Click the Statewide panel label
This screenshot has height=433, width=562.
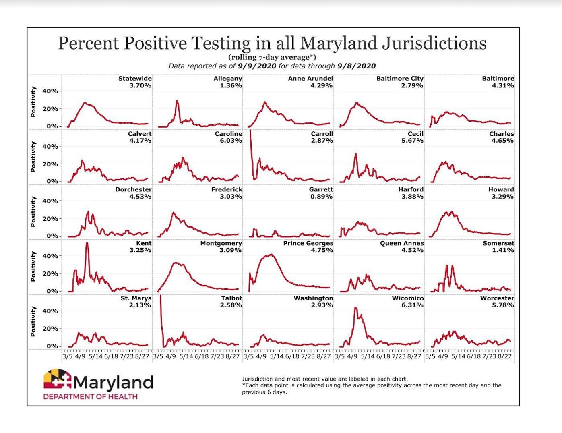click(134, 79)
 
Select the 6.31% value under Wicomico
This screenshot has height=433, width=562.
click(413, 305)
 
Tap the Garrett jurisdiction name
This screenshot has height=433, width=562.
click(321, 189)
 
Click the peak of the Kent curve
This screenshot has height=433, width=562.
click(87, 243)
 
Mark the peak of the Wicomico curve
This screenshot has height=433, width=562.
click(355, 308)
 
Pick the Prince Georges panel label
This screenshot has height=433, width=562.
click(308, 243)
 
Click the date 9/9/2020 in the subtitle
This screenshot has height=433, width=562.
click(257, 66)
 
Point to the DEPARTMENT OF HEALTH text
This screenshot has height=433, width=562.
click(90, 396)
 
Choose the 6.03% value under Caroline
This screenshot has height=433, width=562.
click(231, 141)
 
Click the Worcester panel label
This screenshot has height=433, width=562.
click(497, 298)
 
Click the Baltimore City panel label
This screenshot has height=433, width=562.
click(399, 79)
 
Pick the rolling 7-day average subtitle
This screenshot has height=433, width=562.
click(272, 57)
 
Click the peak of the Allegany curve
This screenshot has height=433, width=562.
click(177, 101)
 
